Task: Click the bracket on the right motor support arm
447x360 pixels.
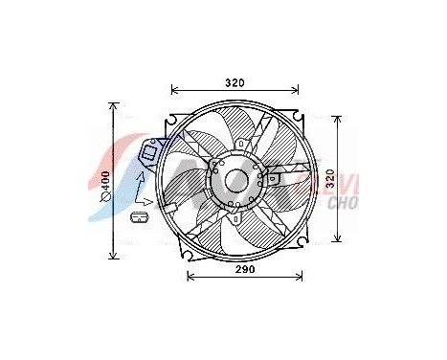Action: (276, 178)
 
